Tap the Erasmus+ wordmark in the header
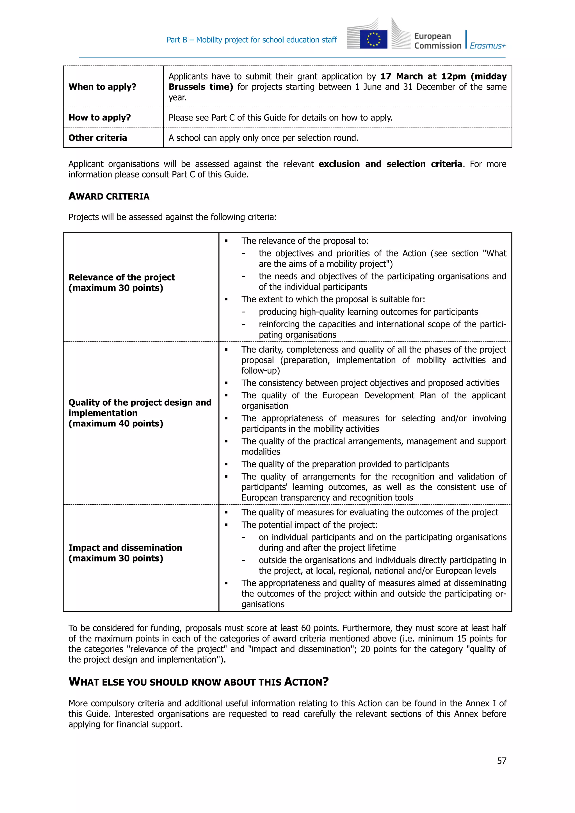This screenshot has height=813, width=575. click(488, 46)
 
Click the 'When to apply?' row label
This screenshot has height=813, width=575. click(102, 87)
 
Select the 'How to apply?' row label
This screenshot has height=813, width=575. click(99, 118)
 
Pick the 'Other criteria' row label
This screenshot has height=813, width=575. click(97, 138)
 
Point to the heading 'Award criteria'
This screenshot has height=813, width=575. click(109, 196)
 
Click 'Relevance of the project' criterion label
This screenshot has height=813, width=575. click(122, 277)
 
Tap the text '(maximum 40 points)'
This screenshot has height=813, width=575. click(116, 424)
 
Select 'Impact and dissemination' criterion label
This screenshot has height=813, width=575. click(125, 548)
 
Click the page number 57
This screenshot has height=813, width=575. click(501, 761)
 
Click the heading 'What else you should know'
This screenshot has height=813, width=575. click(198, 682)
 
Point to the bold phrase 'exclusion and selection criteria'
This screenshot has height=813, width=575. click(390, 164)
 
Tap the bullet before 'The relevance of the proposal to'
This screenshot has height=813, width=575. click(226, 241)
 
